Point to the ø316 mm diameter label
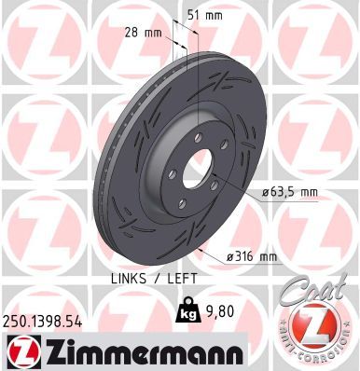(x=254, y=256)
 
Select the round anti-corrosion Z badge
(x=319, y=331)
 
